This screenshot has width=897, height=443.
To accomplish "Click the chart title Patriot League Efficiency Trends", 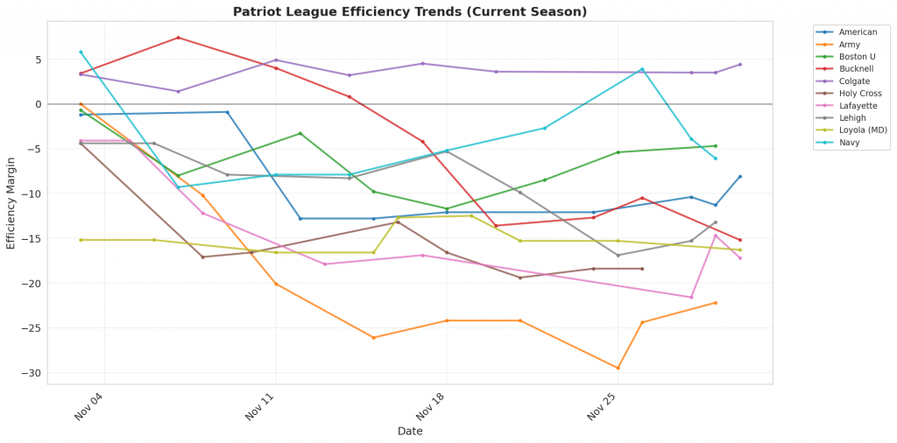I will tap(410, 12).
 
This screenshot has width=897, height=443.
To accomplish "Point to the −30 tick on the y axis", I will tap(32, 373).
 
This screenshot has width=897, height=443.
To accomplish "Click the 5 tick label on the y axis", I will tap(38, 60).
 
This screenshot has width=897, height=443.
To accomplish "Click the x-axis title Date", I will tap(410, 432).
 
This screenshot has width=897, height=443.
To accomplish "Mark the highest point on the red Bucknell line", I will tap(178, 38).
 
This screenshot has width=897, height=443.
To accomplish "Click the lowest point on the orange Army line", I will tap(618, 368).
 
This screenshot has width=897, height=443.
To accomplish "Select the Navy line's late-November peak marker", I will tap(642, 69).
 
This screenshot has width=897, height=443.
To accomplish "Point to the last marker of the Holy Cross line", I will tap(642, 269).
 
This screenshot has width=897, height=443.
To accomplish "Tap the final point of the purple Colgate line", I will tap(740, 64).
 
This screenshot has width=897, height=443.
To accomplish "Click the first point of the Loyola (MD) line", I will tap(81, 240).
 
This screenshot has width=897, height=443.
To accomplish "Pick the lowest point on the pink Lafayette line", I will tap(691, 298).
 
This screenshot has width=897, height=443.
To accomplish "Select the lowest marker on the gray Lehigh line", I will tap(618, 256).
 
